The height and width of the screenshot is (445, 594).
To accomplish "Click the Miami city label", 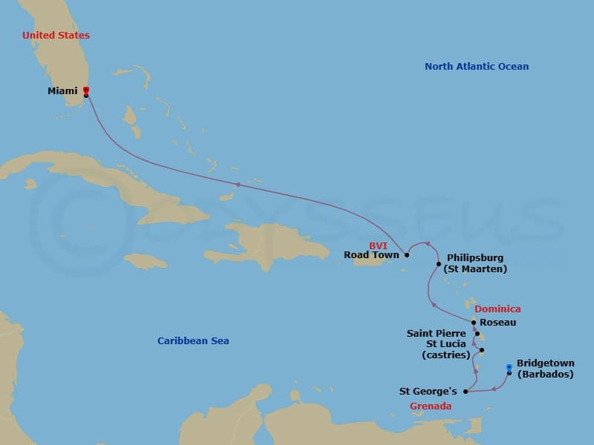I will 62,91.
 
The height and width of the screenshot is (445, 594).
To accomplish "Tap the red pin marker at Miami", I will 86,90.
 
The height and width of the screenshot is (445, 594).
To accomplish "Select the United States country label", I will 56,35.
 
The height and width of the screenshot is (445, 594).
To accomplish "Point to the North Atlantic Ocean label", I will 477,67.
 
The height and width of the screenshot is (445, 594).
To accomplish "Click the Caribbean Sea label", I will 193,341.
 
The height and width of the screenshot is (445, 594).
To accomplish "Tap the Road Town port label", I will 371,255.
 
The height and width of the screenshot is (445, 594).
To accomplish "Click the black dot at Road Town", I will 407,254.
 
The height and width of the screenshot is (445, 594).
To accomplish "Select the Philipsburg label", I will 476,258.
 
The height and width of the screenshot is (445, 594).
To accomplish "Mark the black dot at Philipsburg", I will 439,264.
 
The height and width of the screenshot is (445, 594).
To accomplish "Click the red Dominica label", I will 497,309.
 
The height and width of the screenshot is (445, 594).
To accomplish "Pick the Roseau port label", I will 498,323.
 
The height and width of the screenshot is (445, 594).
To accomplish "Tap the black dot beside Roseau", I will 474,322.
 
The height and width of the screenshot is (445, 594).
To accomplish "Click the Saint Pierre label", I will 437,334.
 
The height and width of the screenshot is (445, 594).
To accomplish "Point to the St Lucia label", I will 447,344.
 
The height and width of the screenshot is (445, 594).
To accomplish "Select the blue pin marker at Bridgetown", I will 509,367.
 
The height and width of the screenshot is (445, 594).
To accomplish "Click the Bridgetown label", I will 545,363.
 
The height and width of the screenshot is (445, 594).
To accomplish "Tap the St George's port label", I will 428,391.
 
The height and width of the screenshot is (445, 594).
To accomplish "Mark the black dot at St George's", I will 466,391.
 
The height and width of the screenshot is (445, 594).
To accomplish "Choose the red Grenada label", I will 431,406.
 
